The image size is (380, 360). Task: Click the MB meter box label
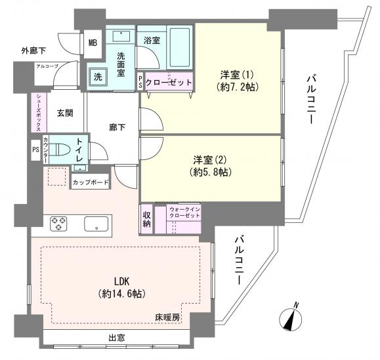point(94,44)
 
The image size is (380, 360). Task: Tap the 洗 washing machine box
point(97,76)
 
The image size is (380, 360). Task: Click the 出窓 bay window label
point(118,338)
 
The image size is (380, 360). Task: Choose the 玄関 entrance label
point(64,113)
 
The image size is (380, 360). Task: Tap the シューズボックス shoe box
point(38,113)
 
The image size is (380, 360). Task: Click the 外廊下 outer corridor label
point(33,50)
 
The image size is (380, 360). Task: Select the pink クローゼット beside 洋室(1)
point(169,82)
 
